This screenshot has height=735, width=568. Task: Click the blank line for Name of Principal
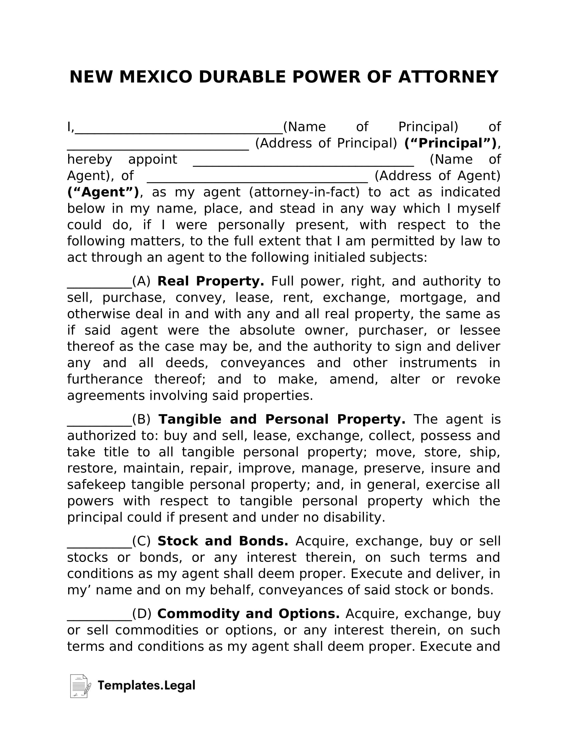pos(179,132)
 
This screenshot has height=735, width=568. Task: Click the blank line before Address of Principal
pos(158,148)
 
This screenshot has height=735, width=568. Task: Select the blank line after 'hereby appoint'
pos(303,165)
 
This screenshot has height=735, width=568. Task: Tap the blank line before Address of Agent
pos(257,181)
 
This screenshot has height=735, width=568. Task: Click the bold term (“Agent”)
pos(103,192)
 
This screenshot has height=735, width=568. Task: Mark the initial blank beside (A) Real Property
pos(99,286)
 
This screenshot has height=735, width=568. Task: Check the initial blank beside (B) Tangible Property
pos(99,424)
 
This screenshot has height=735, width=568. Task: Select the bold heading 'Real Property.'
pos(210,281)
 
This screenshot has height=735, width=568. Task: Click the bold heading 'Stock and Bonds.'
pos(223,541)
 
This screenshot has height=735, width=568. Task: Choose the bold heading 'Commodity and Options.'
pos(248,614)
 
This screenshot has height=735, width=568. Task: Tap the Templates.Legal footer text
pos(146,686)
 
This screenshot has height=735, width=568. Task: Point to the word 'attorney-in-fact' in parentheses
pos(304,192)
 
